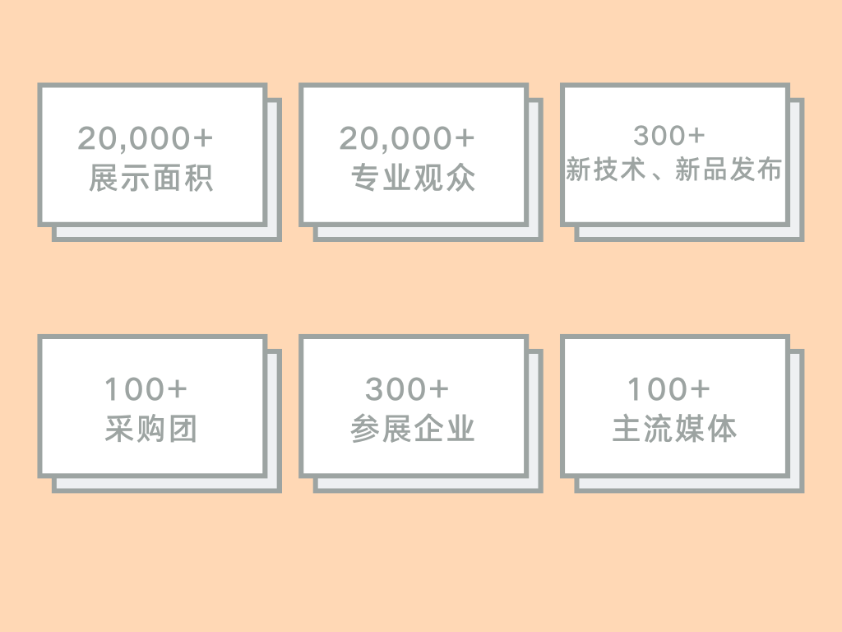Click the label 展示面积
click(x=151, y=179)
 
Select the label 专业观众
click(x=413, y=179)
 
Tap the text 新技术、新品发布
click(x=673, y=170)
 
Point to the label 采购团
click(x=151, y=430)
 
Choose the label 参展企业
click(x=413, y=430)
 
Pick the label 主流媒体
click(x=674, y=430)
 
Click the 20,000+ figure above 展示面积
click(x=146, y=139)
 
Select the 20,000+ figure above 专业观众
click(x=407, y=139)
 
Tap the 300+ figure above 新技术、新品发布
click(x=669, y=136)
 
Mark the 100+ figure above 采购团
click(x=146, y=389)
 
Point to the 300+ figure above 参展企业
click(x=407, y=389)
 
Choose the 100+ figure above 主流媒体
click(x=669, y=389)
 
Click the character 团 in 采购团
click(x=183, y=430)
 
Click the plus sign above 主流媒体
click(x=699, y=389)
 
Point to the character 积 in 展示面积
click(x=198, y=179)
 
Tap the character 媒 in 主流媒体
click(x=690, y=430)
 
